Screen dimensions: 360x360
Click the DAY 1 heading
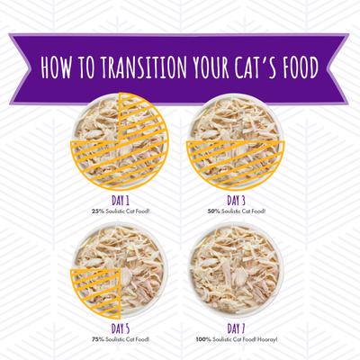(x=121, y=201)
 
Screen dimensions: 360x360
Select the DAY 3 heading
(x=236, y=201)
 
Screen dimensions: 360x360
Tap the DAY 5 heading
(x=121, y=328)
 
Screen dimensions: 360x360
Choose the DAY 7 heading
(x=236, y=328)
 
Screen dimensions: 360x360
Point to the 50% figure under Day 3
(x=213, y=211)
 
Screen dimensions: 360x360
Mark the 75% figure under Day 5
(x=98, y=339)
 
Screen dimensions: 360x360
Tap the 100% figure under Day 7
(x=203, y=339)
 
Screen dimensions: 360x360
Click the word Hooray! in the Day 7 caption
(x=268, y=339)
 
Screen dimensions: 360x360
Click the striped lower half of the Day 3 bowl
(x=236, y=164)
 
